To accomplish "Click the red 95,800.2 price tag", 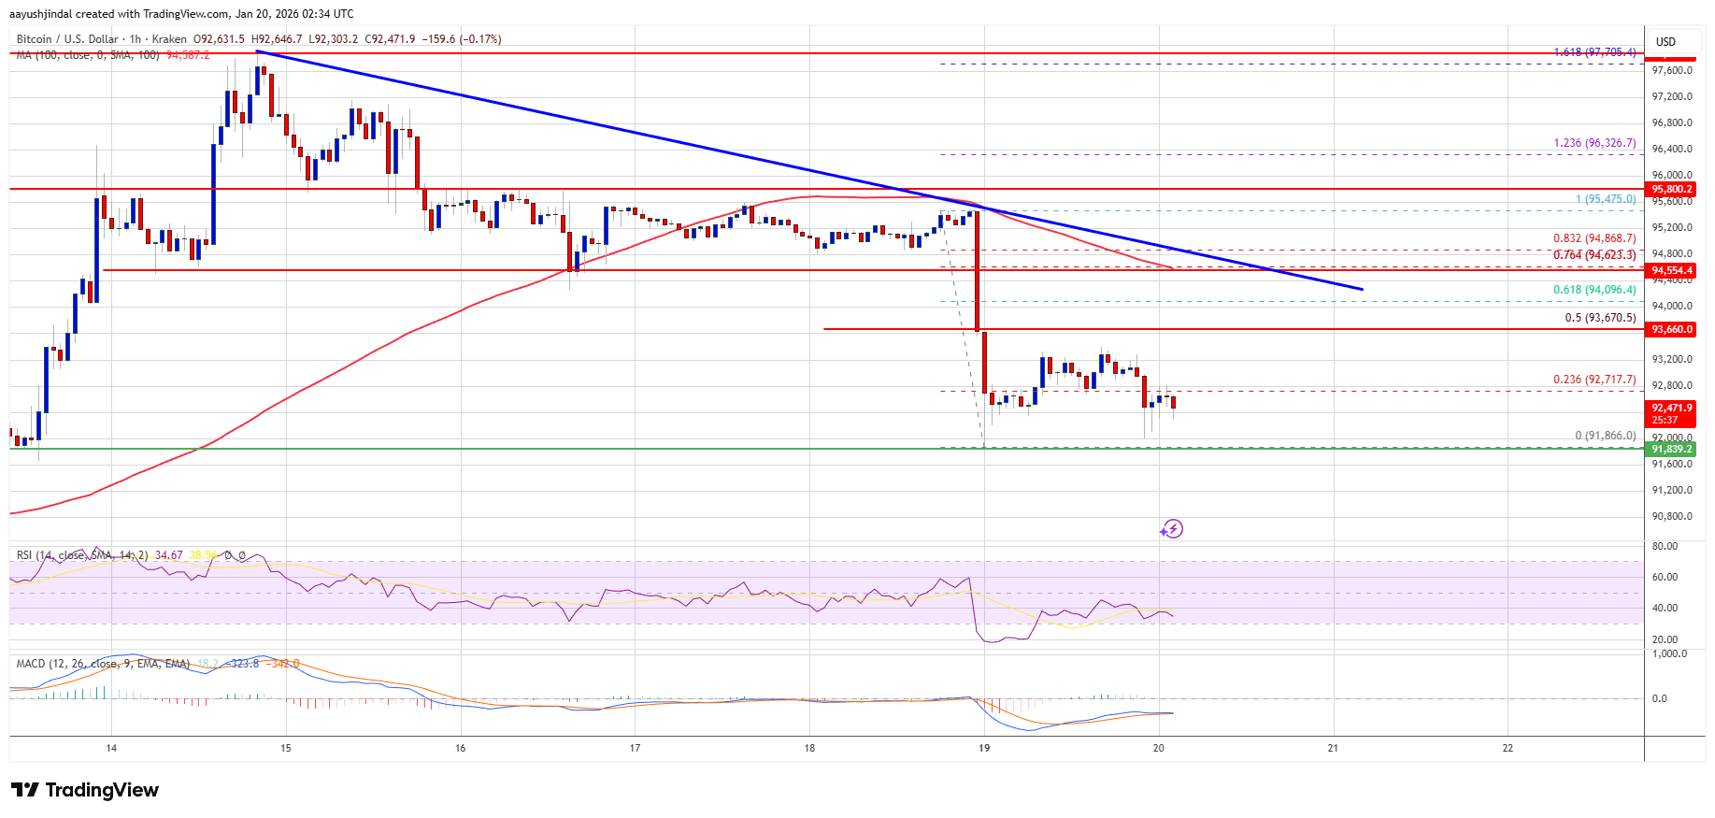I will pyautogui.click(x=1671, y=189).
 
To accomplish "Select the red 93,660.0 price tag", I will pyautogui.click(x=1671, y=329).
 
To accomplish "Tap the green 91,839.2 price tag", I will pyautogui.click(x=1671, y=449).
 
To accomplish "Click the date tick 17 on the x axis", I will pyautogui.click(x=635, y=748).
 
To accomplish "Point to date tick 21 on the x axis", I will pyautogui.click(x=1333, y=748).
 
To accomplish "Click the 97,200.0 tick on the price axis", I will pyautogui.click(x=1672, y=97).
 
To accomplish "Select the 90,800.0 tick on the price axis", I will pyautogui.click(x=1672, y=516).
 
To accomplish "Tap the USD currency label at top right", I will pyautogui.click(x=1665, y=42).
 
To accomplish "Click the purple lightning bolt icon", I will pyautogui.click(x=1172, y=529).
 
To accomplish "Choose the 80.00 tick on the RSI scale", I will pyautogui.click(x=1665, y=546).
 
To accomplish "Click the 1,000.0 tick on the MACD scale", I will pyautogui.click(x=1669, y=654).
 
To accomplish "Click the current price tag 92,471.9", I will pyautogui.click(x=1671, y=409).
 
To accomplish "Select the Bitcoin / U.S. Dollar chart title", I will pyautogui.click(x=67, y=39).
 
